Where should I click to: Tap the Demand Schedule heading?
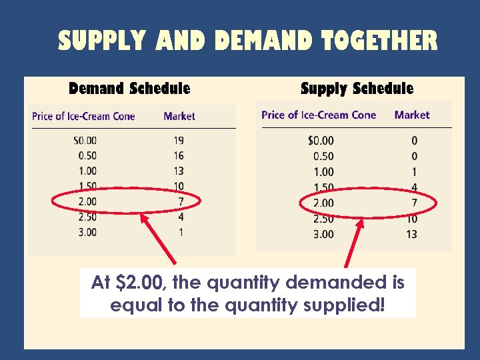129,88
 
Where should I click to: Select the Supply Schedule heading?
357,88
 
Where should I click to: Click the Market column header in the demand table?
179,116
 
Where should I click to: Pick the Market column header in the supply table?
412,115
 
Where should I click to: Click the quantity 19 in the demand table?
178,140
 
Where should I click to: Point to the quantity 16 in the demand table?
178,155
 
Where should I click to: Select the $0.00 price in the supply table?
321,141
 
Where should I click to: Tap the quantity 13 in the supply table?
411,234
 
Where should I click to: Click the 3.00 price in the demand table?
87,232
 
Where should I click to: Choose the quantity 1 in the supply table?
414,172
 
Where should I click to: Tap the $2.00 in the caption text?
141,283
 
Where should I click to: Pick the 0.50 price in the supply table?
323,156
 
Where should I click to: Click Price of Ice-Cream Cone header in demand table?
83,116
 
